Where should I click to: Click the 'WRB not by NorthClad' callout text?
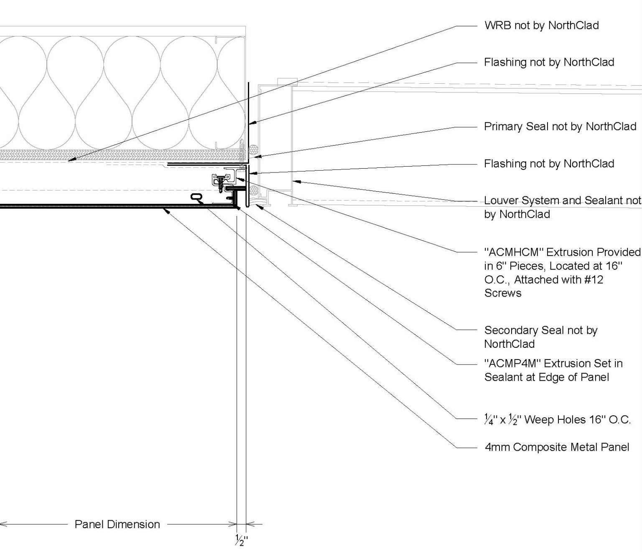pos(541,26)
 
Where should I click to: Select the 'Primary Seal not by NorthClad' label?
pos(560,126)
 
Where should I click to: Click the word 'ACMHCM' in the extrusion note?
pos(513,252)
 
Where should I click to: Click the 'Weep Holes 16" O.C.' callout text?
pos(577,420)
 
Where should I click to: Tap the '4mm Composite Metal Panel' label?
pos(556,447)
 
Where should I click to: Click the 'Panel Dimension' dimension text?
pos(117,524)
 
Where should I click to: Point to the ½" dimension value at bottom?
pos(241,540)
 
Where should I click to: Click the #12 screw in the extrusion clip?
pos(220,182)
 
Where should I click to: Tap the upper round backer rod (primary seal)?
pos(252,150)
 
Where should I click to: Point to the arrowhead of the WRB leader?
pos(70,160)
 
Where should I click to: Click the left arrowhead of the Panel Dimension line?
pos(2,524)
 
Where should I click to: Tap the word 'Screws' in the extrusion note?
pos(502,293)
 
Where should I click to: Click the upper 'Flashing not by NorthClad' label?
pos(549,62)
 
